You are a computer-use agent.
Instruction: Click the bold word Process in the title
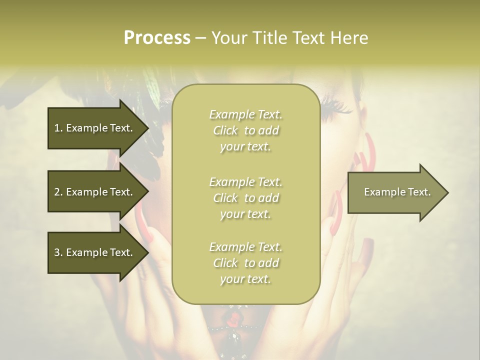click(157, 37)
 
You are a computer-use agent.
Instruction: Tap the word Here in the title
click(349, 37)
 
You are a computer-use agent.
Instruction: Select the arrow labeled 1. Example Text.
click(94, 128)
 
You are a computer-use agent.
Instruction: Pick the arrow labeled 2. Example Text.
click(94, 192)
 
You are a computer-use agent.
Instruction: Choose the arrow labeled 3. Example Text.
click(94, 252)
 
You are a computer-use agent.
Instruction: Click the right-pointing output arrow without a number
click(395, 192)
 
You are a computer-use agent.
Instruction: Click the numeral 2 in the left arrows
click(57, 192)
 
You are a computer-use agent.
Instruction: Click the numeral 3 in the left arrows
click(57, 252)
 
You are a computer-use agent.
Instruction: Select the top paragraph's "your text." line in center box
click(245, 147)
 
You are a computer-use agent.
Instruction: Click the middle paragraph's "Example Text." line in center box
click(245, 181)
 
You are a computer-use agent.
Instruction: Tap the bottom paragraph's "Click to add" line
click(245, 263)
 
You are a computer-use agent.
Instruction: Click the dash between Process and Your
click(200, 38)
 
